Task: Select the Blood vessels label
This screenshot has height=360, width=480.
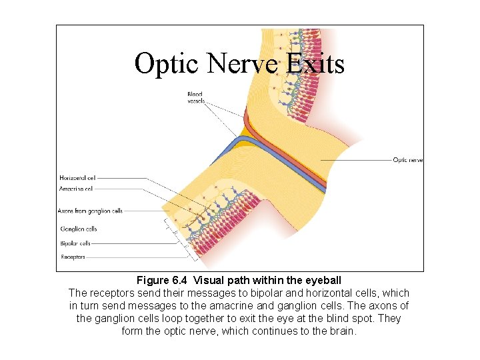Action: tap(195, 98)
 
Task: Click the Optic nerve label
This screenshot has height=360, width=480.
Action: tap(408, 160)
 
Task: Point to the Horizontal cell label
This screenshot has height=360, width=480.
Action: tap(77, 178)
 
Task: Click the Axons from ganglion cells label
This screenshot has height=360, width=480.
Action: tap(90, 211)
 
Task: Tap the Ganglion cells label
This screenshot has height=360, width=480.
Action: tap(79, 229)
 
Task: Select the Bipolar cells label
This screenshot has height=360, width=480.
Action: tap(75, 243)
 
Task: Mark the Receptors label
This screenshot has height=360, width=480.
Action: tap(73, 257)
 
